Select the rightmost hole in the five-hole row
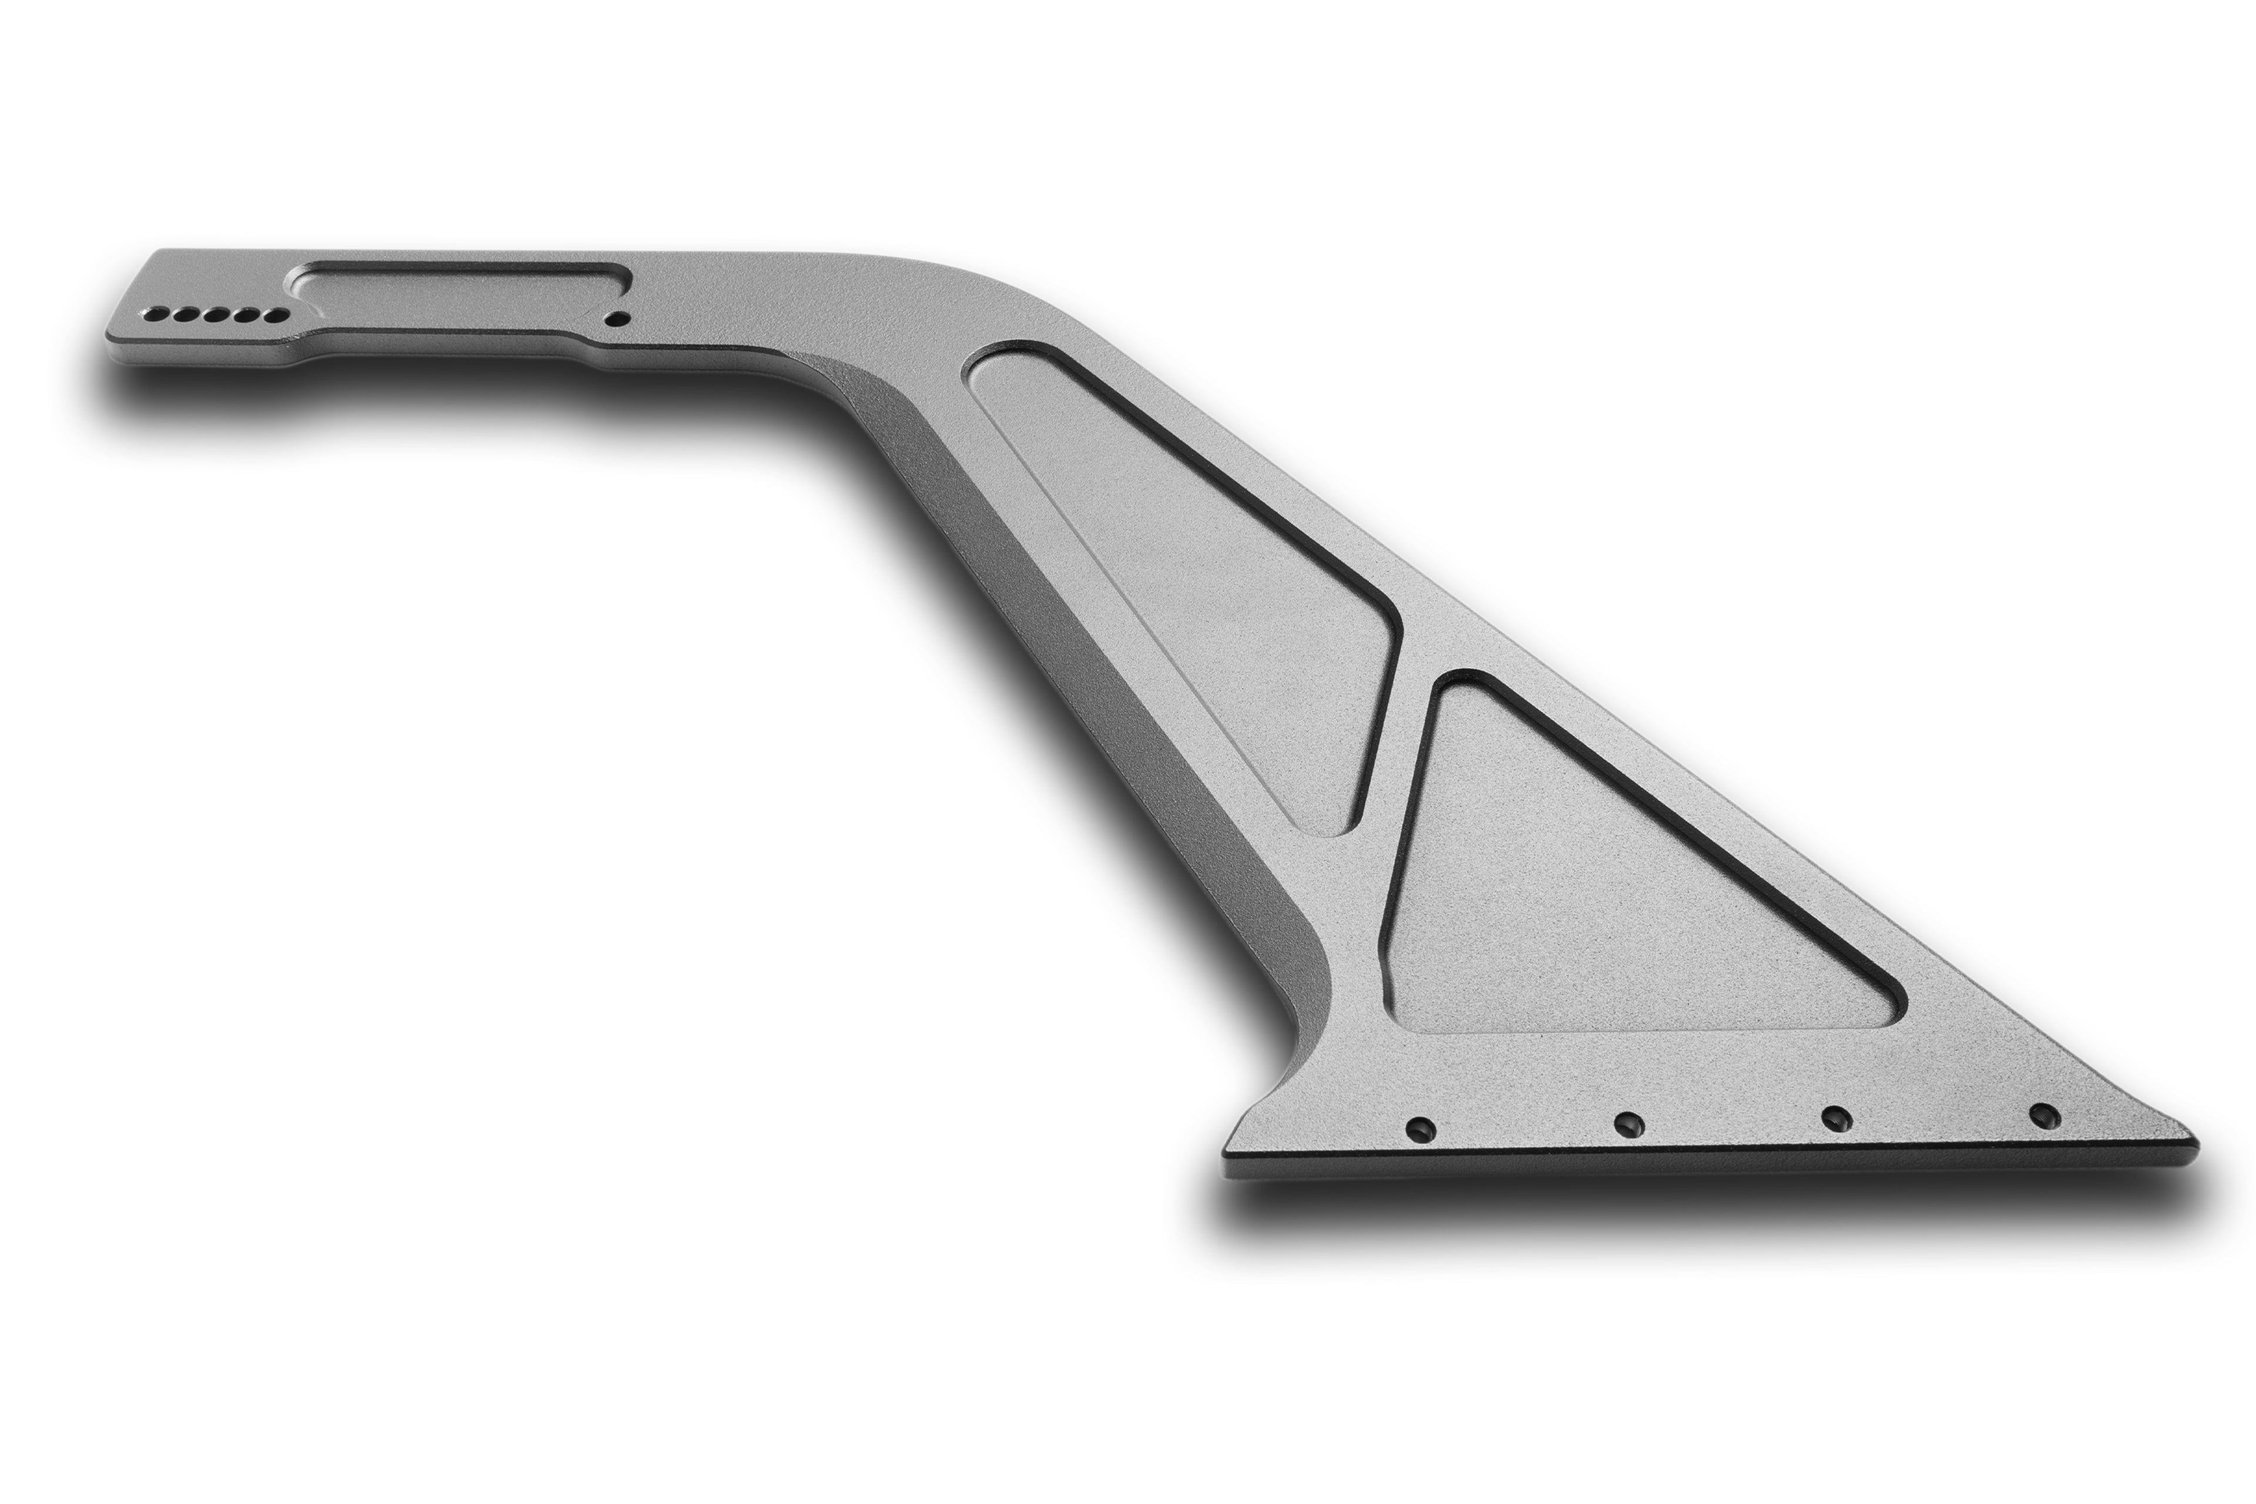278,315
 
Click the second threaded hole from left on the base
1629,1123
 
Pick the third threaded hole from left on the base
1835,1119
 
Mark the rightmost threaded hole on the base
2044,1114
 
